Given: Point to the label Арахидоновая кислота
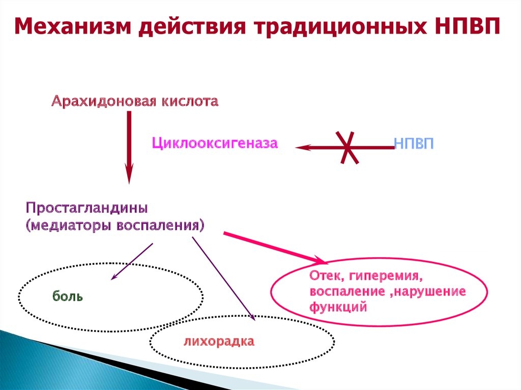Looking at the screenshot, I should (x=134, y=101).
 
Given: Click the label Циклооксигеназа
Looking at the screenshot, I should (x=214, y=143).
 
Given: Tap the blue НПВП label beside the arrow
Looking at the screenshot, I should (x=414, y=143).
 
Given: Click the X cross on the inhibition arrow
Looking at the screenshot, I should (x=349, y=147).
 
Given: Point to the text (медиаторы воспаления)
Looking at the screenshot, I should (x=114, y=225).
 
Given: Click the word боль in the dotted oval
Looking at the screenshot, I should (x=67, y=296).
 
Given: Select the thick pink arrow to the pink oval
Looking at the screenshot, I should (x=275, y=248).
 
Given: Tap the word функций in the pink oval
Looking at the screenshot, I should (x=337, y=307).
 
